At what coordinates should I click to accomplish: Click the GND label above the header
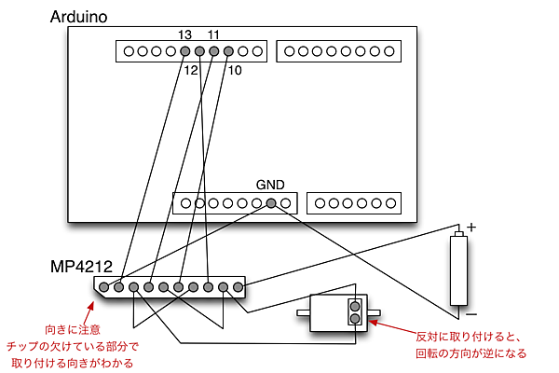pos(269,186)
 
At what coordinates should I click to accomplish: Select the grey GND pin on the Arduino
pos(271,202)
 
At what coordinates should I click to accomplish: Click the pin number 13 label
pos(184,35)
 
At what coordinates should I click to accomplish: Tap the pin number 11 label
pos(214,35)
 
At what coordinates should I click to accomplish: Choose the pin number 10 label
pos(234,70)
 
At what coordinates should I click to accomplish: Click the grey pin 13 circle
pos(185,51)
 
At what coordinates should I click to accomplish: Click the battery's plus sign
pos(471,227)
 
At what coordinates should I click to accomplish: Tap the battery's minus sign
pos(471,313)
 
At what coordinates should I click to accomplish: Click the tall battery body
pos(457,270)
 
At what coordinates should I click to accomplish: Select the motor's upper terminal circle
pos(354,304)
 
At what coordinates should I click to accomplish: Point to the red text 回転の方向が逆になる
pos(470,353)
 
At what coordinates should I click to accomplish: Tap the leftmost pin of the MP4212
pos(104,286)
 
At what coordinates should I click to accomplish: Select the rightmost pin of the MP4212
pos(238,286)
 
